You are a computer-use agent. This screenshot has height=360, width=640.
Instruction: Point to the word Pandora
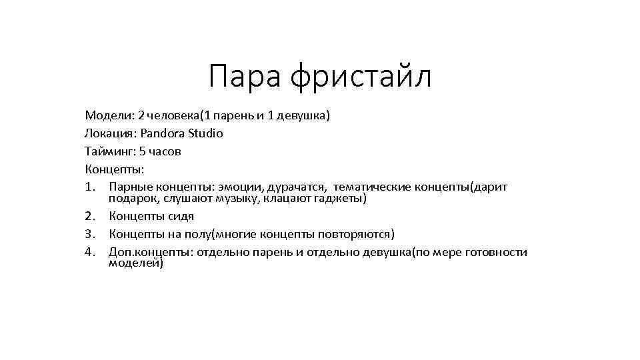coord(163,133)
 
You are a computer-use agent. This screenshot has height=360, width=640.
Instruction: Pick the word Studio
coord(205,133)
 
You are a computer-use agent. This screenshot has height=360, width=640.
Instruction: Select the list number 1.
coord(91,186)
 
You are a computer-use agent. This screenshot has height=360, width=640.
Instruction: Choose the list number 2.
coord(91,216)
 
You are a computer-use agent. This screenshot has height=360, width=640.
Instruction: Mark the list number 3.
coord(91,234)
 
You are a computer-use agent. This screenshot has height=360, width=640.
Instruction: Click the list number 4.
coord(91,252)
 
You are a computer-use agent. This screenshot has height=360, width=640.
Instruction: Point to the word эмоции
coord(248,186)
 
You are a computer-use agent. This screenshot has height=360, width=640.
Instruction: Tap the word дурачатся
coord(301,186)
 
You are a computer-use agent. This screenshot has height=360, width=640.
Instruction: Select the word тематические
coord(372,186)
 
